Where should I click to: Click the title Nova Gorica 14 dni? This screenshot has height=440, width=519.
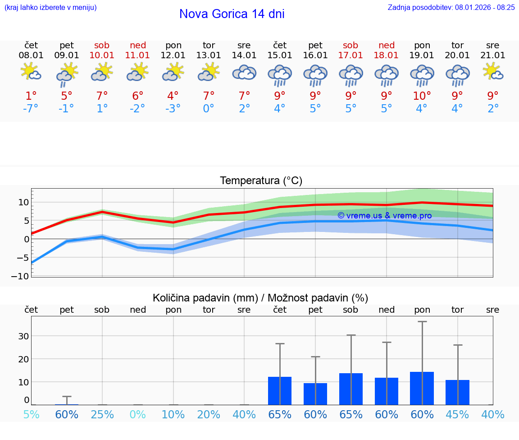(x=232, y=14)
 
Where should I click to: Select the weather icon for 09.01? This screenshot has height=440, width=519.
(x=67, y=74)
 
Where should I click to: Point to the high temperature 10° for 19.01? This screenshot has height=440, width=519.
(x=422, y=96)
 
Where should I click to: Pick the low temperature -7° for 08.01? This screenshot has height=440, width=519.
(x=31, y=109)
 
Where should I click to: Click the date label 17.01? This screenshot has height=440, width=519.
(x=351, y=55)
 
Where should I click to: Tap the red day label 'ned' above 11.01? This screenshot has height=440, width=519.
(x=138, y=45)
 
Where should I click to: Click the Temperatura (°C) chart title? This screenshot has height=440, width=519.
(x=261, y=181)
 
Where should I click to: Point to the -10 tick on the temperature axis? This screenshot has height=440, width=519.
(x=23, y=276)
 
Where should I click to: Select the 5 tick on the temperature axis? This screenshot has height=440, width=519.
(x=26, y=221)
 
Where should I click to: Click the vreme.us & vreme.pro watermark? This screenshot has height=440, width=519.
(x=384, y=216)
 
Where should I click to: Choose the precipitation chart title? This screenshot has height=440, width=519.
(x=260, y=298)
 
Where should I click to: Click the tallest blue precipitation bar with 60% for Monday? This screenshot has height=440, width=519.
(x=422, y=388)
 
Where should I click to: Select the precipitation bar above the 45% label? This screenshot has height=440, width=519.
(x=457, y=392)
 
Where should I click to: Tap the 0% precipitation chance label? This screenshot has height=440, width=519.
(x=138, y=414)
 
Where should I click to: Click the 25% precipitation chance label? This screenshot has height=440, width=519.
(x=102, y=414)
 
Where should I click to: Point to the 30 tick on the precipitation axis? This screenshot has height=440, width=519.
(x=23, y=336)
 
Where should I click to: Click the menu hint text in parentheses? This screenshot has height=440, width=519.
(x=50, y=7)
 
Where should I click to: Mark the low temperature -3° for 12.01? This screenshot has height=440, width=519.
(x=173, y=109)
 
